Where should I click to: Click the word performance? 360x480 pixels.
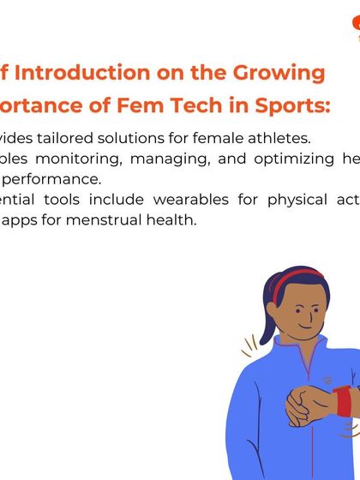[60, 179]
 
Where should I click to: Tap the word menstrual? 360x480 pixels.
[120, 220]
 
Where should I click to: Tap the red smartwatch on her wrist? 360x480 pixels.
[344, 401]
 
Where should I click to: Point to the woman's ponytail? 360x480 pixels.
[256, 318]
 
